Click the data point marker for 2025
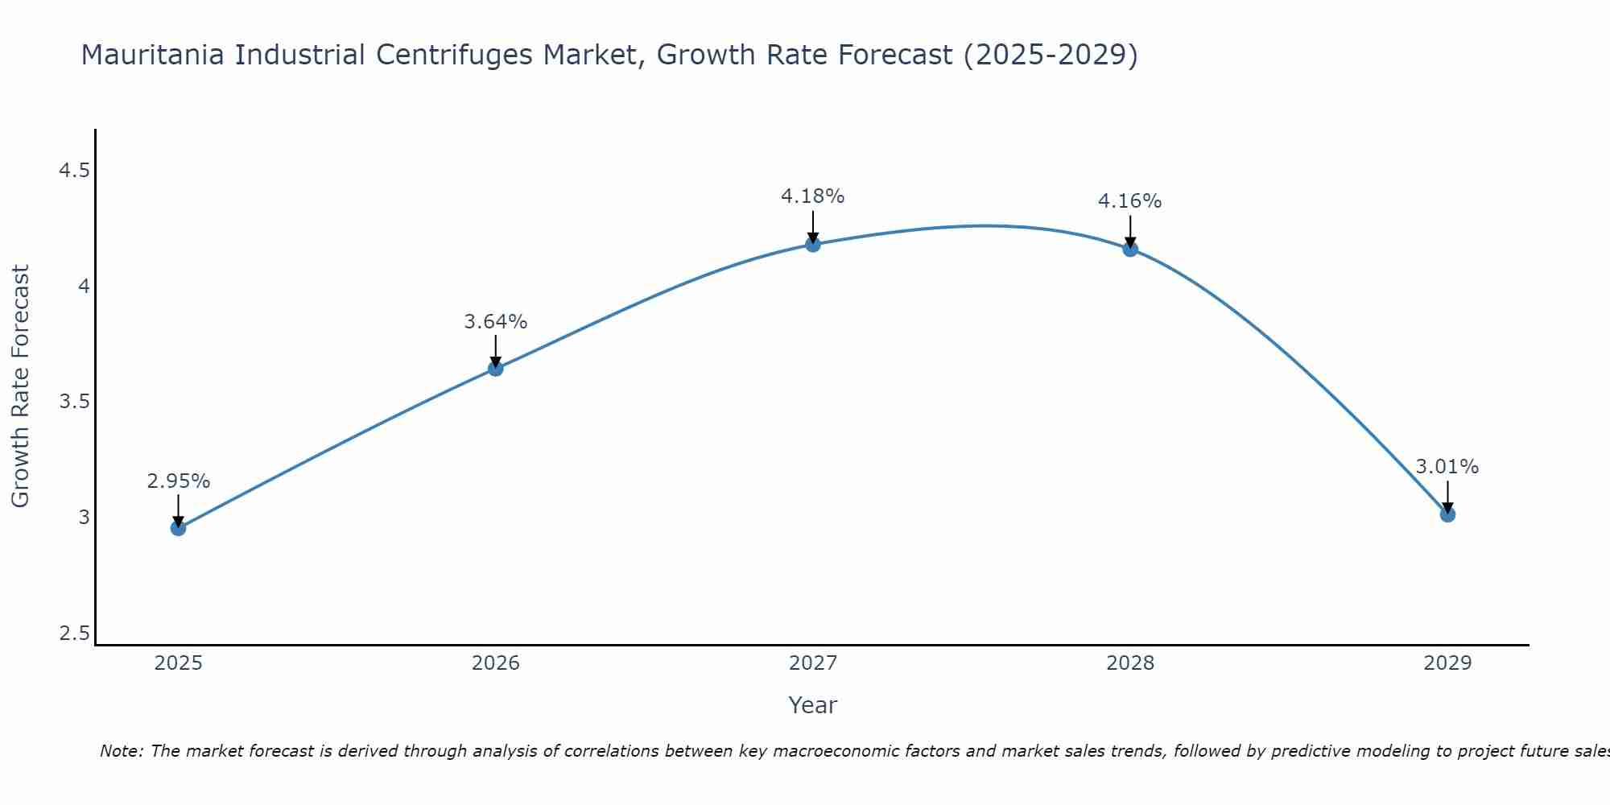[x=178, y=528]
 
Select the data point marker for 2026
[x=495, y=369]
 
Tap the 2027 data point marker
[x=812, y=244]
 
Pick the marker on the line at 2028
[x=1129, y=249]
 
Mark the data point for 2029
[x=1447, y=514]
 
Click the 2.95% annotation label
[x=178, y=481]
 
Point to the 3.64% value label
[x=495, y=322]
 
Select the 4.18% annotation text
[x=812, y=196]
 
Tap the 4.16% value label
[x=1129, y=201]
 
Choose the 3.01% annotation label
[x=1447, y=467]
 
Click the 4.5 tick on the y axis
[x=74, y=171]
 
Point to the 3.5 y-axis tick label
[x=74, y=402]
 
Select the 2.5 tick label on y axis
[x=74, y=634]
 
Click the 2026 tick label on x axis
[x=495, y=663]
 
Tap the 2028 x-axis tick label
[x=1129, y=663]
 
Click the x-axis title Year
[x=812, y=705]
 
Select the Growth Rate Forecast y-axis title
[x=20, y=386]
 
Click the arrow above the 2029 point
[x=1447, y=497]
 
